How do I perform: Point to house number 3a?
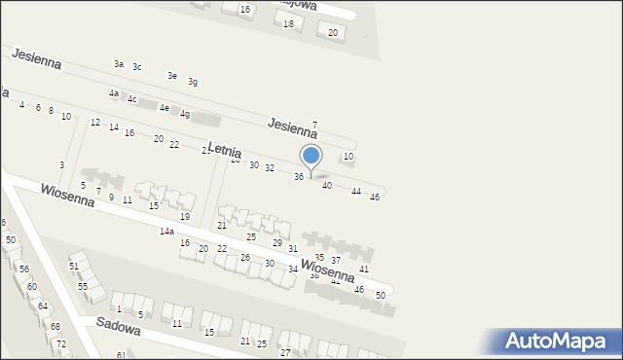pos(118,64)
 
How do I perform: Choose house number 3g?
pos(193,82)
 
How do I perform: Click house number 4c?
pos(131,99)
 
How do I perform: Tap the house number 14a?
pos(166,232)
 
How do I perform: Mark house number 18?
pos(287,23)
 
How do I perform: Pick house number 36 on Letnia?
pos(299,176)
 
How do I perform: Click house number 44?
pos(356,192)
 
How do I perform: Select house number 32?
pos(270,168)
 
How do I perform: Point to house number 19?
pos(184,216)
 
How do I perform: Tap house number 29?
pos(277,243)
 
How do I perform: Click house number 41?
pos(364,269)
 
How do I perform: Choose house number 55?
pos(83,287)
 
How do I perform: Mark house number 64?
pos(42,306)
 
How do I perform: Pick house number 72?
pos(60,344)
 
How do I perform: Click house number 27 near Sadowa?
pos(285,351)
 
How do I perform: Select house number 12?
pos(94,123)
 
